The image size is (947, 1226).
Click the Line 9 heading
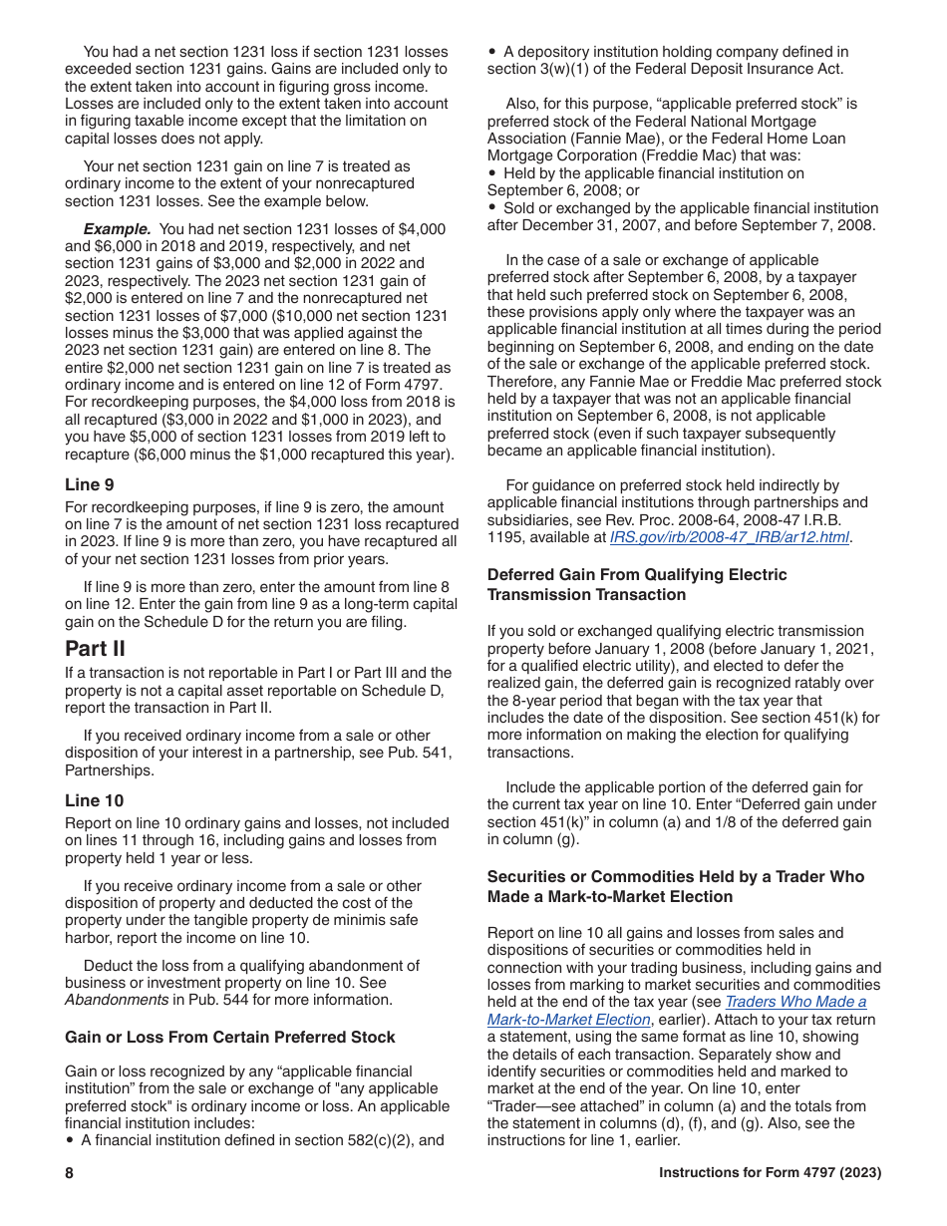point(90,485)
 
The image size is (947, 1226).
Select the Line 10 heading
point(95,800)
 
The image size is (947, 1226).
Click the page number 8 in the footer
point(70,1173)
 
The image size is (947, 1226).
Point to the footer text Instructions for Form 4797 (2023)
point(770,1173)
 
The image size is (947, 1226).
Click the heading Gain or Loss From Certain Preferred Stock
point(229,1038)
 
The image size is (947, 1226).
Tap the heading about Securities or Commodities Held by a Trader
point(676,887)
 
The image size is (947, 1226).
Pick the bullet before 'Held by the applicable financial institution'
point(492,173)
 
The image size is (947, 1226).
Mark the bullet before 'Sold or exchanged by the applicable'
point(492,208)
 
